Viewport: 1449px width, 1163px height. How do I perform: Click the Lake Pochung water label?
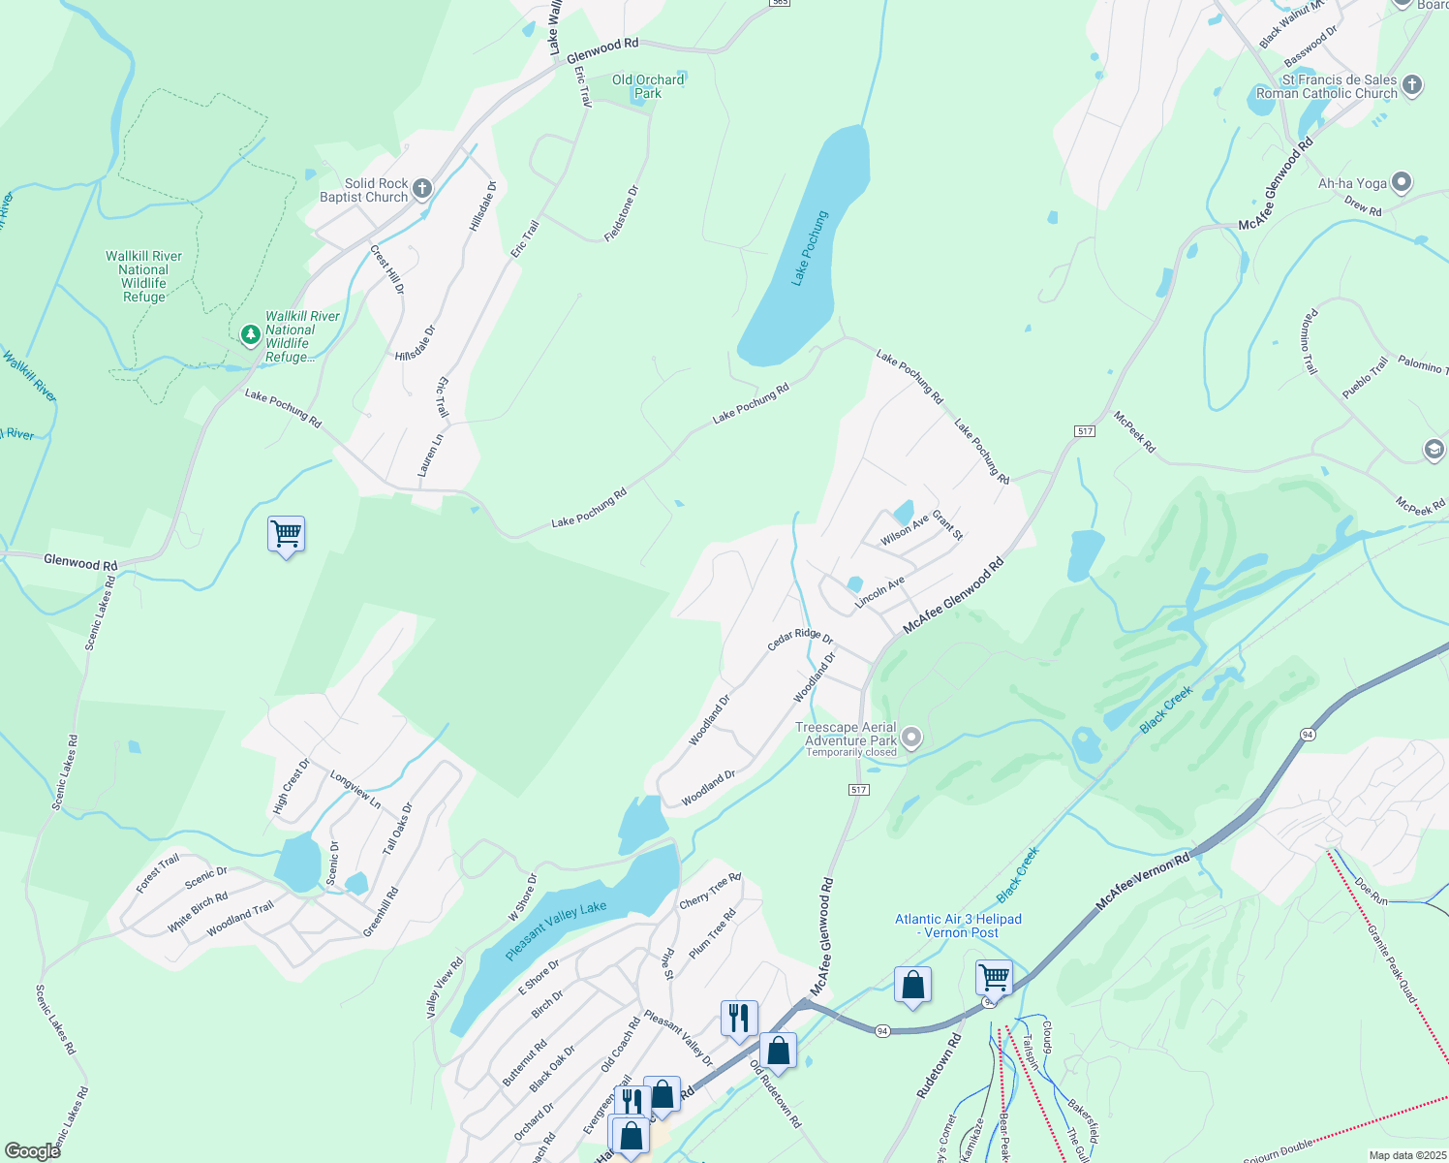[x=811, y=248]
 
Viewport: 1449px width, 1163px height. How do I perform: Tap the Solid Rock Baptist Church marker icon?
[x=421, y=189]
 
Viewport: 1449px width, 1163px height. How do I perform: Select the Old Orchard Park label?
[x=648, y=86]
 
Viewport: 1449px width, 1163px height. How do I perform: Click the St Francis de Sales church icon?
[x=1412, y=85]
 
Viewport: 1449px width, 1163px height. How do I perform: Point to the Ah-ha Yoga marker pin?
[x=1402, y=182]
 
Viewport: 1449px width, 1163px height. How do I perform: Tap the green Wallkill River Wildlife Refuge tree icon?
[x=251, y=334]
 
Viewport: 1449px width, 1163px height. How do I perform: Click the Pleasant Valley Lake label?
[x=556, y=930]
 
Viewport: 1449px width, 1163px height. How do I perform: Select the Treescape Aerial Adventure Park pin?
[x=910, y=739]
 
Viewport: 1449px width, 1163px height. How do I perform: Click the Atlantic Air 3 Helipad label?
[x=958, y=926]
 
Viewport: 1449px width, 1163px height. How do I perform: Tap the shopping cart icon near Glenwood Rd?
[x=287, y=533]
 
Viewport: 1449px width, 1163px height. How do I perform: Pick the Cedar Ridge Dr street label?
[x=800, y=639]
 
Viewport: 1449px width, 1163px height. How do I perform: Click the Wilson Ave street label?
[x=904, y=530]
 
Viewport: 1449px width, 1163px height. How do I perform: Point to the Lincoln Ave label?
[x=879, y=592]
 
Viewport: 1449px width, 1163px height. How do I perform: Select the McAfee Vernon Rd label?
[x=1142, y=882]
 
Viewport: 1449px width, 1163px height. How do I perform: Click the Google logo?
[x=33, y=1150]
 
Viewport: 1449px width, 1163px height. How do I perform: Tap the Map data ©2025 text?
[x=1406, y=1155]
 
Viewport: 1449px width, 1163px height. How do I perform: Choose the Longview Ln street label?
[x=355, y=790]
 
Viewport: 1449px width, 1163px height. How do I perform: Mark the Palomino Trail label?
[x=1309, y=342]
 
